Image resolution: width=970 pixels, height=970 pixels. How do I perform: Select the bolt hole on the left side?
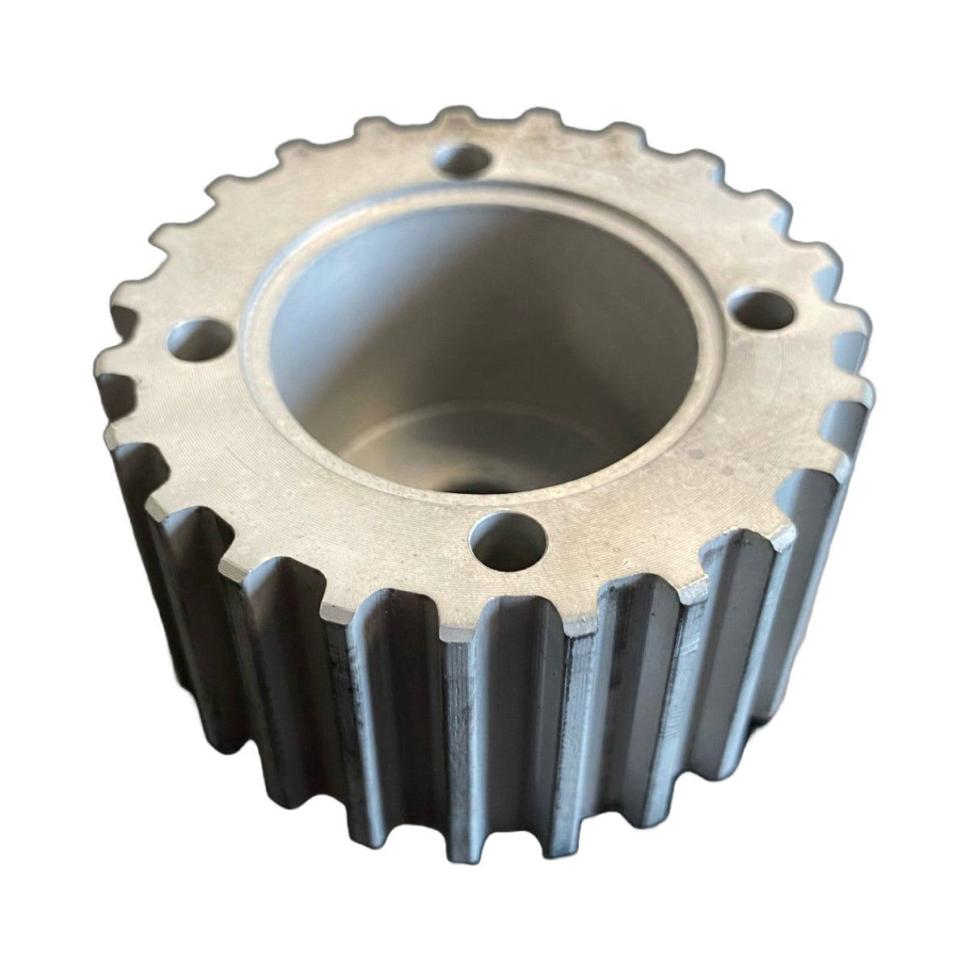[x=198, y=339]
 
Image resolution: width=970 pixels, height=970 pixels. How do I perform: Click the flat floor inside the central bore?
[x=517, y=453]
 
